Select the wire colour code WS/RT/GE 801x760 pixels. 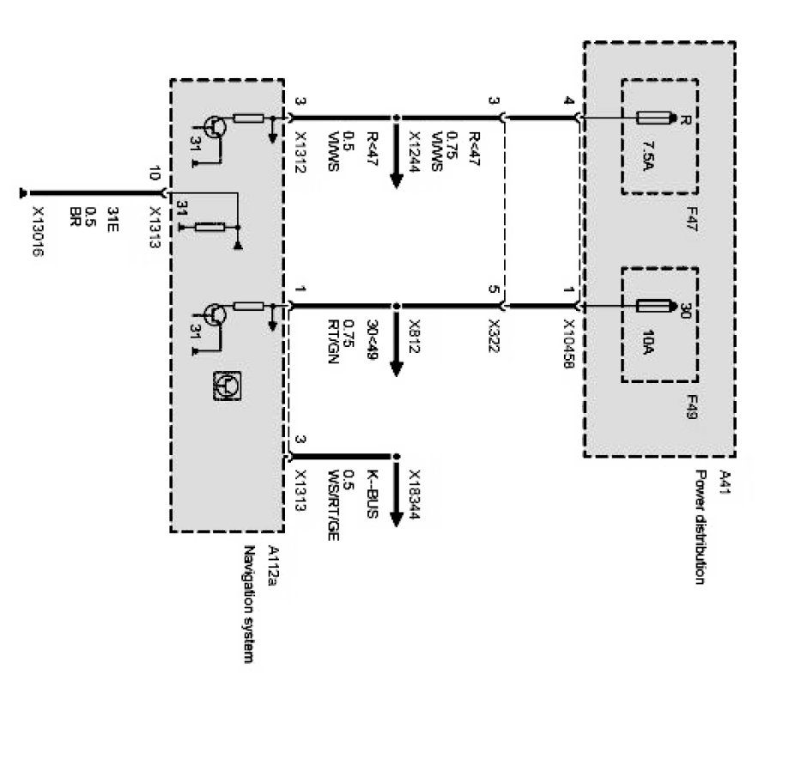coord(328,506)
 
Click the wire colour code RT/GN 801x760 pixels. coord(328,344)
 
